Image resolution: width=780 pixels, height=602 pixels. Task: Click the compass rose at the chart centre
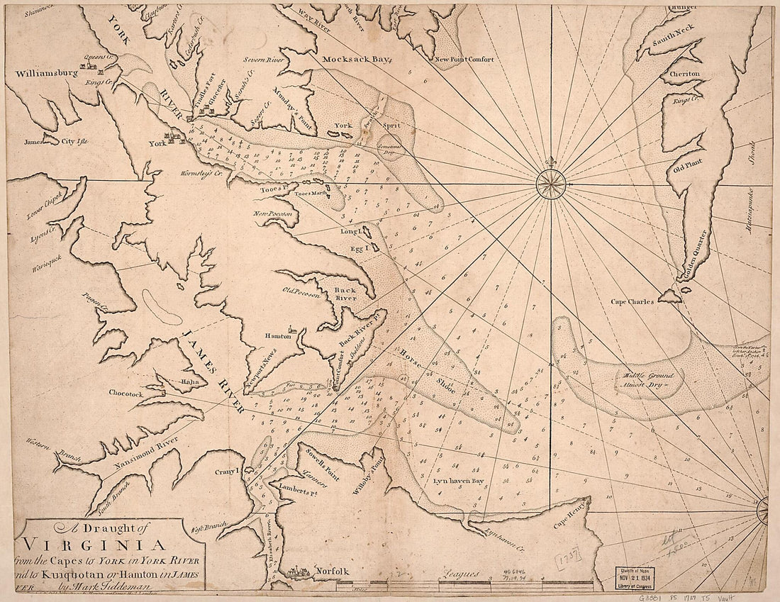pos(551,184)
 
